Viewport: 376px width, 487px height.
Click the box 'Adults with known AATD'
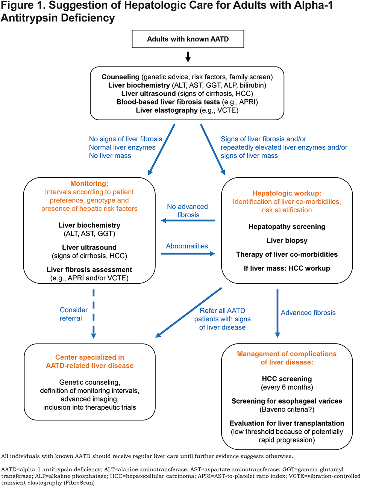[188, 39]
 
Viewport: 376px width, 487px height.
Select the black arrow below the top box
[188, 57]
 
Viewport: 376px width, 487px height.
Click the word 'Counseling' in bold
[120, 77]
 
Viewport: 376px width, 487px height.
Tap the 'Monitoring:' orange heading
[89, 183]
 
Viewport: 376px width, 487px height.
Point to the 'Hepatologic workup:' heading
[287, 193]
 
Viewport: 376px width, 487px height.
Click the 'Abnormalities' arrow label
[187, 246]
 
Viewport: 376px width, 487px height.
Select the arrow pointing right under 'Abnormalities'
[188, 254]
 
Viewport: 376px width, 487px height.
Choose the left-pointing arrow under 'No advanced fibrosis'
[188, 221]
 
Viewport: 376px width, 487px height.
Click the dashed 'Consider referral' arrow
[94, 314]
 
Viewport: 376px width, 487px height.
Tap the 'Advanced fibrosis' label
[308, 313]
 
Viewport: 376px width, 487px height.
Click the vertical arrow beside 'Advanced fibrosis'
[277, 313]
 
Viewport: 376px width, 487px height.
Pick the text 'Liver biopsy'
[287, 240]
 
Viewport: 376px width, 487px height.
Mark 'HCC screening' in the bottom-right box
[287, 379]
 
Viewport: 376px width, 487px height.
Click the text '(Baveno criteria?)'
[287, 410]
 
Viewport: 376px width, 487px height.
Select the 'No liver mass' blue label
[110, 156]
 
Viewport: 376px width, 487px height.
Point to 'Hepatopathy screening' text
[287, 227]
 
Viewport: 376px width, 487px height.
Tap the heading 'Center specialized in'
[89, 357]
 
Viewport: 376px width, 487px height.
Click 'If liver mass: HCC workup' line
[287, 268]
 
